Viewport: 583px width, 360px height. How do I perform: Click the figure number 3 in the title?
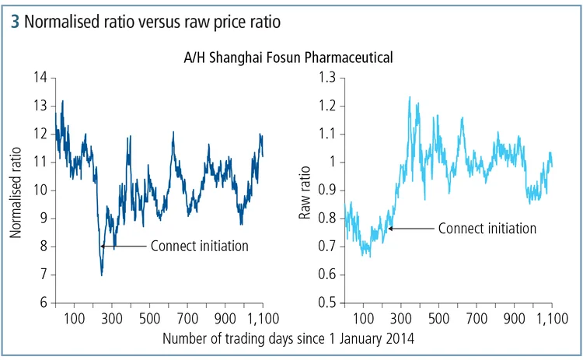(x=16, y=23)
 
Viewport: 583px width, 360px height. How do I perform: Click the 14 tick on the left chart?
(x=41, y=78)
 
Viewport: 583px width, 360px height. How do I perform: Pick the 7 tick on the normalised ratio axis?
(x=44, y=274)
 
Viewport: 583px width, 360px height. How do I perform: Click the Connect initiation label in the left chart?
(x=199, y=246)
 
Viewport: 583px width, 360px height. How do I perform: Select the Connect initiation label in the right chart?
(x=487, y=229)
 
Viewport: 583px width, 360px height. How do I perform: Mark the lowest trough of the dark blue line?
(x=101, y=274)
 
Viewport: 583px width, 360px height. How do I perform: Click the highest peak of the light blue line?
(x=410, y=97)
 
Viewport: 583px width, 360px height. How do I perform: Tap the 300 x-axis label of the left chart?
(x=112, y=318)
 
